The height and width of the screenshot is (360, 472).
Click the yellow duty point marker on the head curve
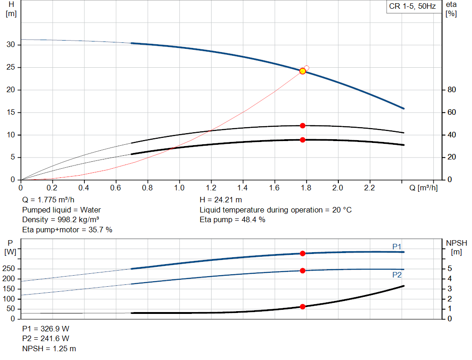302,71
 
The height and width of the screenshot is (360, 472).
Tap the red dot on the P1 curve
302,254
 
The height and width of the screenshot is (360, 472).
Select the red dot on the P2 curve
302,271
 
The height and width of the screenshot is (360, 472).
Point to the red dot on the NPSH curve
302,307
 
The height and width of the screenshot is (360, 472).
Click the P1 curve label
397,247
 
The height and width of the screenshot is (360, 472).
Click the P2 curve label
397,275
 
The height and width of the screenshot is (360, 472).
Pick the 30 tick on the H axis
11,45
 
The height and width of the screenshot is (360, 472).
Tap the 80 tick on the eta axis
452,90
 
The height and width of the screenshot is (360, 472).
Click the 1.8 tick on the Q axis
306,188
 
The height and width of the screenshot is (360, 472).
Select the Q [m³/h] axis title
423,188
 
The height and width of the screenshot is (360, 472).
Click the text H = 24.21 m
221,200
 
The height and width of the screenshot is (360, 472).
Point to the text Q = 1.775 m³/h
48,200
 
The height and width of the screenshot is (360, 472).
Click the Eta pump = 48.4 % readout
232,220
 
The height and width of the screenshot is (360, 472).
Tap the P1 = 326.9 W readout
46,329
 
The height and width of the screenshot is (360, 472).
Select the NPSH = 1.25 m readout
49,348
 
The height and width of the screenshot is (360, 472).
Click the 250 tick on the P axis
8,268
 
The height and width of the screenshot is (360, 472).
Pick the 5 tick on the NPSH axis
450,268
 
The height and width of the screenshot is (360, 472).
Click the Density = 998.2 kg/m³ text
60,220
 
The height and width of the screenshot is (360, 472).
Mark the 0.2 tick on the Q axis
52,188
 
